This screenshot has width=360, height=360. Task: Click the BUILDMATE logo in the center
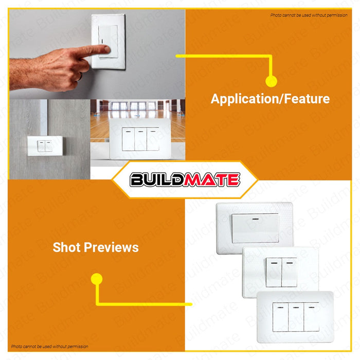click(x=185, y=179)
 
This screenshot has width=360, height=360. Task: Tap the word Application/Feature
click(x=270, y=99)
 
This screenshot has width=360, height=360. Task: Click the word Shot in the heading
click(x=66, y=247)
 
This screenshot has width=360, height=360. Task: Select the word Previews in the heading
click(x=111, y=247)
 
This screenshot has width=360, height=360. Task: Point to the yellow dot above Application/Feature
click(x=271, y=81)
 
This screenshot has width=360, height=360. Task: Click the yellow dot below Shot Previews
click(x=97, y=279)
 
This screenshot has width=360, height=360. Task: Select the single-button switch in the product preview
click(x=255, y=228)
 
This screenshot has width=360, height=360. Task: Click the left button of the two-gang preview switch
click(x=274, y=272)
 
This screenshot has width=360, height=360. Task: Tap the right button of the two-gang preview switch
click(x=289, y=272)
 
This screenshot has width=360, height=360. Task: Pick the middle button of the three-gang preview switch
click(x=296, y=317)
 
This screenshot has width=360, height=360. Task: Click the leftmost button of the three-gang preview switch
click(x=281, y=317)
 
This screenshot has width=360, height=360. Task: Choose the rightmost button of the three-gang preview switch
click(x=311, y=317)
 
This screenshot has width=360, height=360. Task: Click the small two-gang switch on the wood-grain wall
click(x=45, y=146)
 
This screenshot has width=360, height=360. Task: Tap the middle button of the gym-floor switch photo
click(x=140, y=139)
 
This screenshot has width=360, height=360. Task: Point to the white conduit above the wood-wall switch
click(x=44, y=118)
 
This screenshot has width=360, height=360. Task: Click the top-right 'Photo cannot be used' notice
click(x=309, y=15)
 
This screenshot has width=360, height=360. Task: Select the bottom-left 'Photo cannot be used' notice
click(x=49, y=347)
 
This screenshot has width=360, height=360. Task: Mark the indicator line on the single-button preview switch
click(x=256, y=219)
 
